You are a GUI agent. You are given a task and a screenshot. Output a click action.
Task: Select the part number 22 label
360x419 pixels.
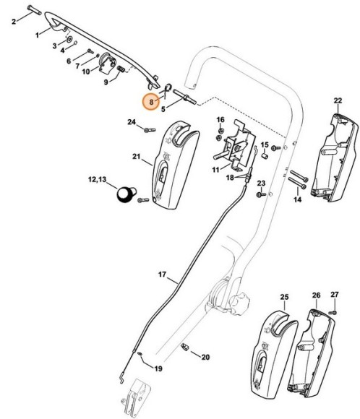(x=338, y=100)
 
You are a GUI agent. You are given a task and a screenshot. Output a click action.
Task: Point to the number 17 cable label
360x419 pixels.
(x=163, y=275)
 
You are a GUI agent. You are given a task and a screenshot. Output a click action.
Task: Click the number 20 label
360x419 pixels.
(x=205, y=357)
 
